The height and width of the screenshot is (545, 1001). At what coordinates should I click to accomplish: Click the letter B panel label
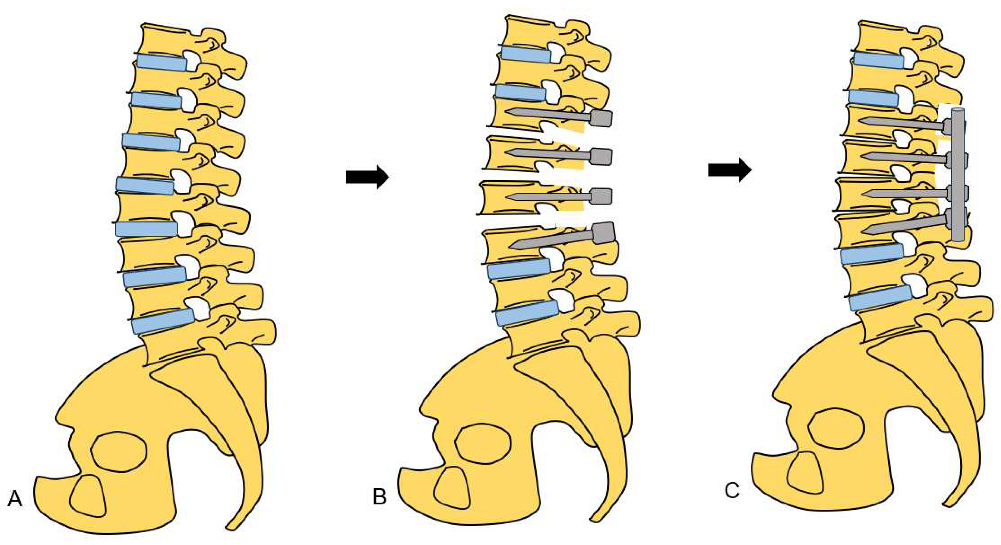[x=379, y=496]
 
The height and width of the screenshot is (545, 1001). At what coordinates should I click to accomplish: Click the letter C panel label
[x=732, y=491]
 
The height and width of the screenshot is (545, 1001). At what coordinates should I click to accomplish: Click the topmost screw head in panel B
[x=601, y=118]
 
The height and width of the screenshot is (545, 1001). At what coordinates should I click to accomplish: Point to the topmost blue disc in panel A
[x=161, y=62]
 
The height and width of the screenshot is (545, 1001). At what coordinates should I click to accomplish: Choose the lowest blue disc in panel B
[x=527, y=313]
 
